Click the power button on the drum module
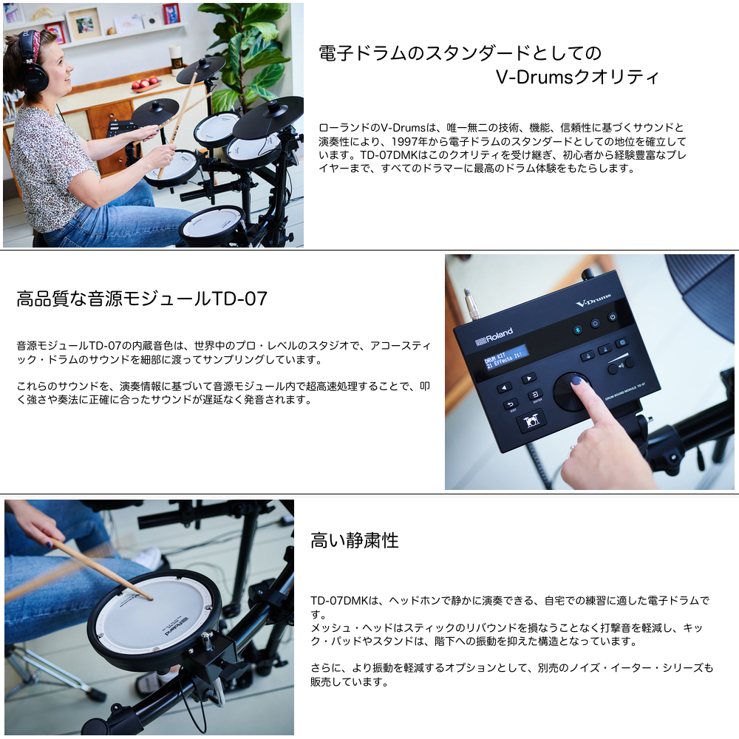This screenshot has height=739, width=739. coord(612,317)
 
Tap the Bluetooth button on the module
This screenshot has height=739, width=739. coord(576,330)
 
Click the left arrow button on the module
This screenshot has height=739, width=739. coord(505,388)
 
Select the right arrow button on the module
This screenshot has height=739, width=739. coord(528,378)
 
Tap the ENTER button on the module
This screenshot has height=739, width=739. coord(535,394)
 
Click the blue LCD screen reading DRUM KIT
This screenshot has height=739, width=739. coord(505,358)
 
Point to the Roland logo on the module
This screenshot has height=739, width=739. coord(494,336)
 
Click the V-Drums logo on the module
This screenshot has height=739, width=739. coord(593,300)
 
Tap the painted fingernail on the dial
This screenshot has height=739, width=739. coord(576,381)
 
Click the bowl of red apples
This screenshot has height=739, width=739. coord(146,85)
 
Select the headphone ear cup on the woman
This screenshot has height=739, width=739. coord(35,75)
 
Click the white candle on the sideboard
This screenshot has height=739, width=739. coord(176,57)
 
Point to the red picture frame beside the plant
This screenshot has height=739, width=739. coord(171,13)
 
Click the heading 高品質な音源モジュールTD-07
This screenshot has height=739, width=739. coord(142,299)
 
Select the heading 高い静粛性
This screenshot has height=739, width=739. coord(355,541)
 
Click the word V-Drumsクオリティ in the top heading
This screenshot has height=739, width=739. coord(577,77)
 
